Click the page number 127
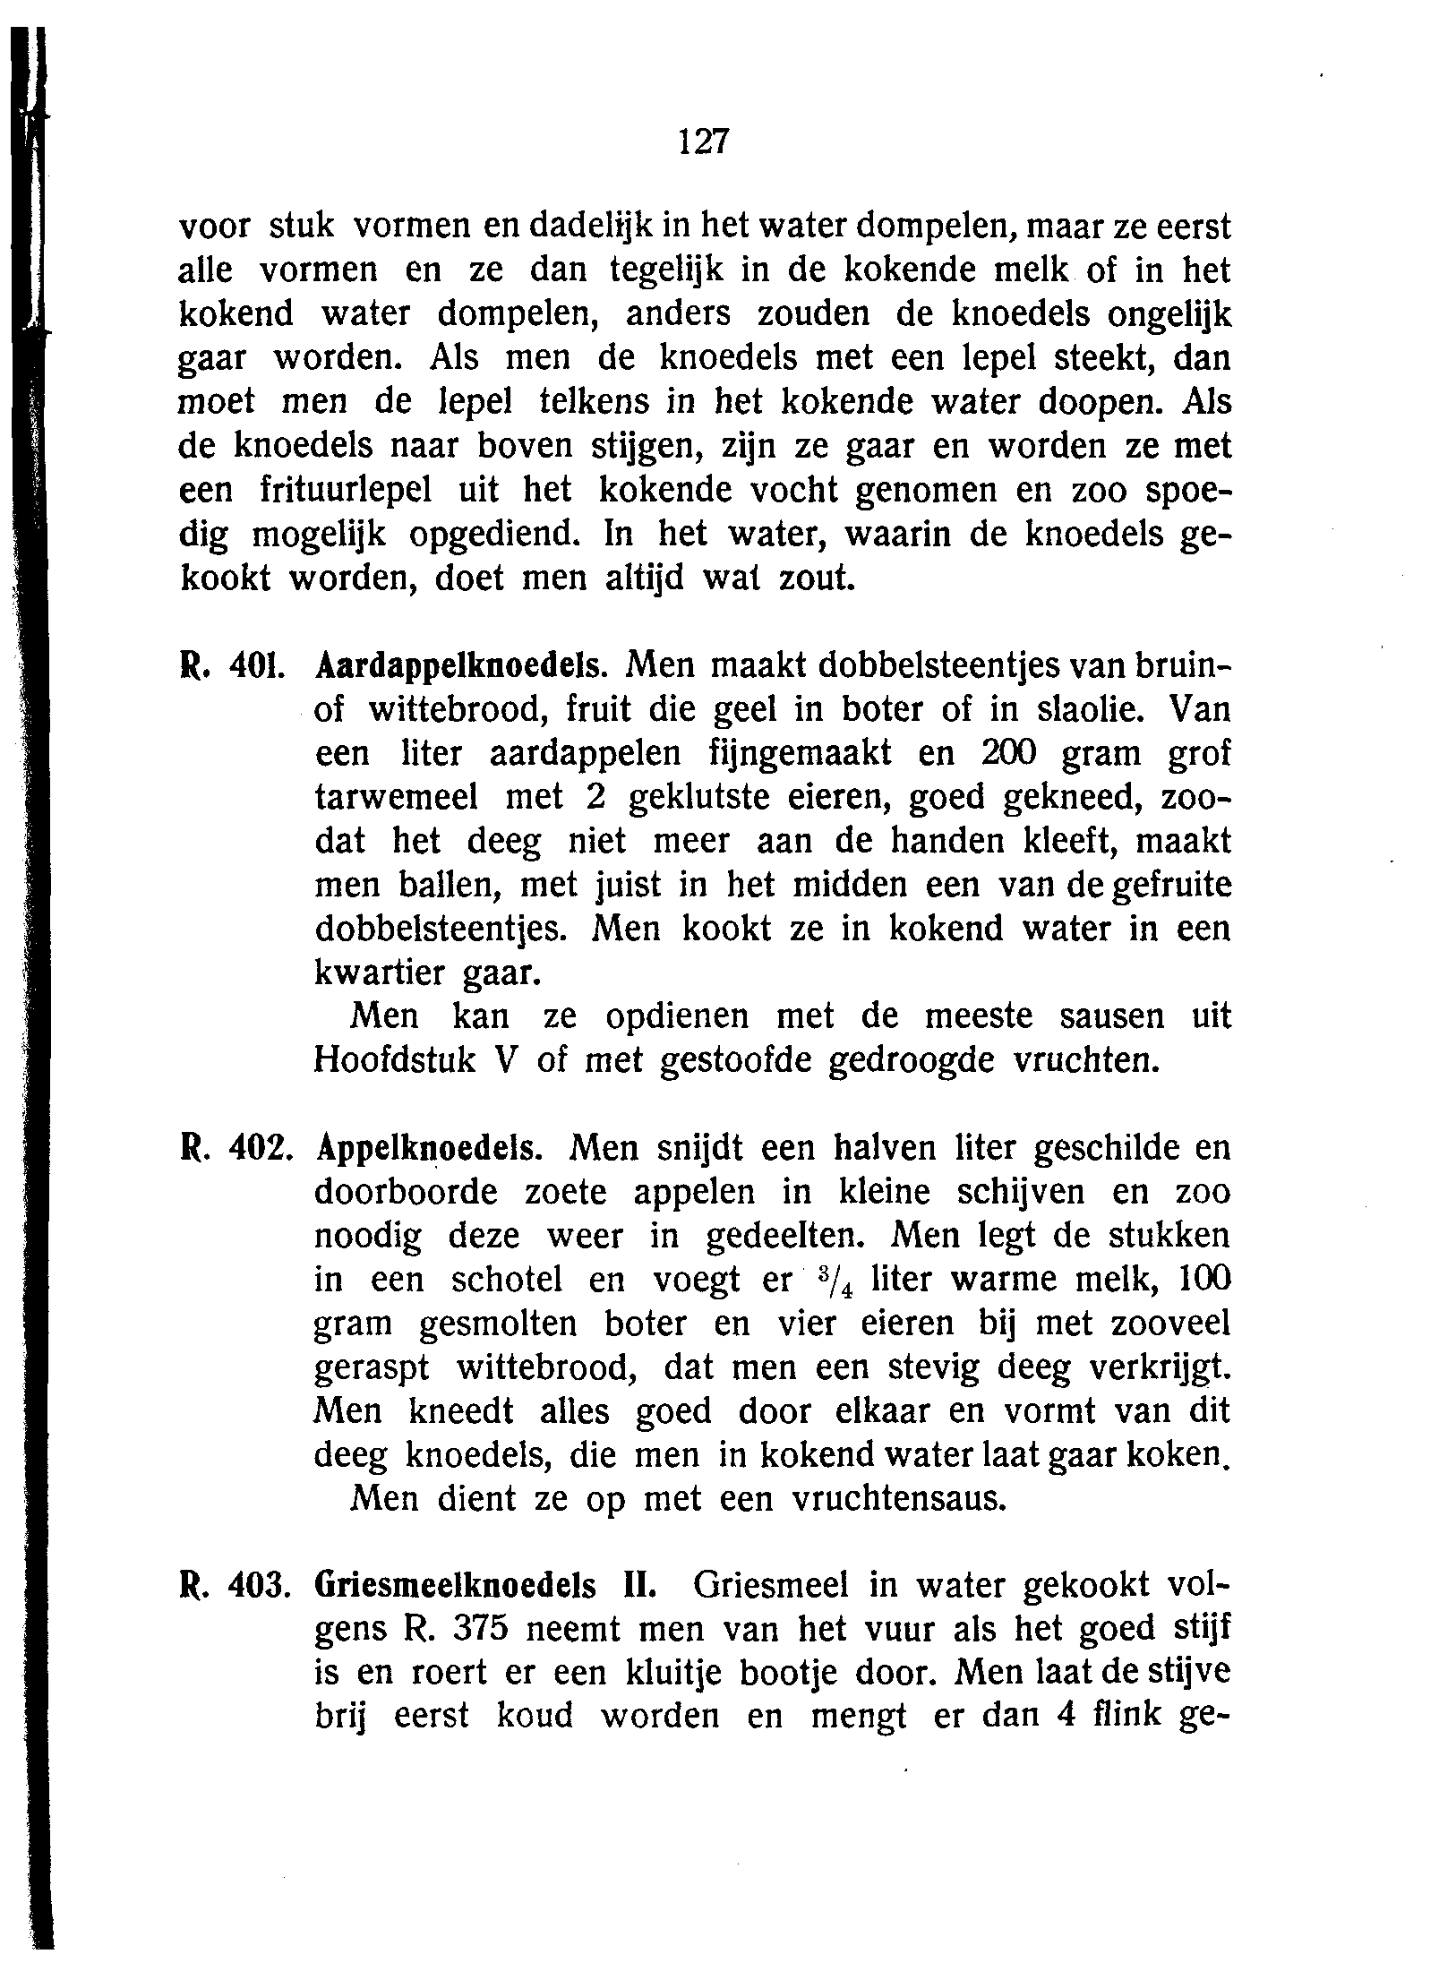point(705,141)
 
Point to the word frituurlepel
point(345,491)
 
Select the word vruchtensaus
point(900,1499)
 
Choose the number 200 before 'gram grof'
point(1009,754)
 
